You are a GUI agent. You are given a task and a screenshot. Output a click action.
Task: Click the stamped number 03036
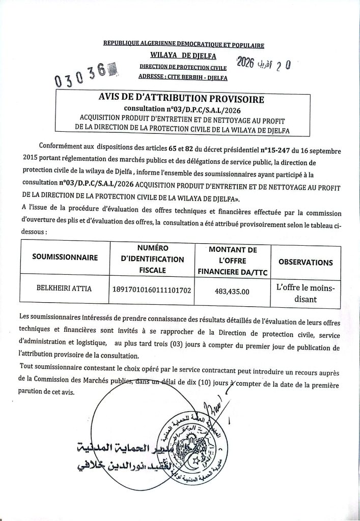point(81,76)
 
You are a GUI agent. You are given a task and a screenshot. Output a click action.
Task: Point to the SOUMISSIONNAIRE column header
point(65,257)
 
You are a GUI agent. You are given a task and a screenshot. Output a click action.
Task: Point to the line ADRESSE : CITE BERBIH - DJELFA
point(183,77)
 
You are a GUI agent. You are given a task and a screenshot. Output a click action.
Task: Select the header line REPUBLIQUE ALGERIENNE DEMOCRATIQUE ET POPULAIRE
point(184,46)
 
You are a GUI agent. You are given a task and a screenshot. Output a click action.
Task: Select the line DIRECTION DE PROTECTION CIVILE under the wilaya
point(183,67)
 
